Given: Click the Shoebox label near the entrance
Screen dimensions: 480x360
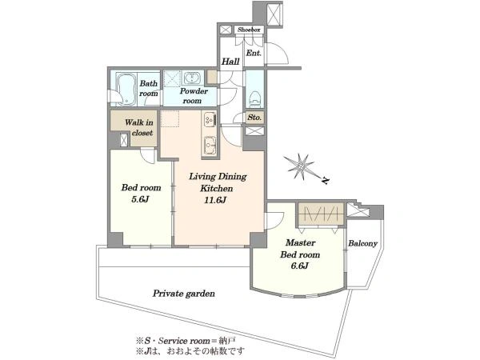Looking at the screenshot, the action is [249, 30].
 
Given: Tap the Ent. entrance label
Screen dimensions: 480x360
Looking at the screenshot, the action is [254, 53].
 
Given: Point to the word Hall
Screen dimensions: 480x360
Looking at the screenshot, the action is [230, 62].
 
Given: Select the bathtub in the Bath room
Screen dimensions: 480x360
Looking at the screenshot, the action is [126, 89].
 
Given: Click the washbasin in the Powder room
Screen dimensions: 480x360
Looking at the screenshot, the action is [192, 78].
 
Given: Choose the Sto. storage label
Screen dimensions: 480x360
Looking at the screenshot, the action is [254, 118].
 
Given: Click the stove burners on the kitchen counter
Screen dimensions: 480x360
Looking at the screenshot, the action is [210, 118].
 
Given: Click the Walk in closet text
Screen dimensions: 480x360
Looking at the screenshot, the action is [139, 127].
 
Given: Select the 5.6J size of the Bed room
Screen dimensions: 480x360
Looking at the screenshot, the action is [141, 199].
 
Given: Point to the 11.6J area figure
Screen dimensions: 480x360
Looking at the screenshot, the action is [215, 200].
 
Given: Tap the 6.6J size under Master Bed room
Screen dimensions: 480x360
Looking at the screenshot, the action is [300, 266].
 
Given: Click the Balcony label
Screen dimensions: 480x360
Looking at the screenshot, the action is [362, 244].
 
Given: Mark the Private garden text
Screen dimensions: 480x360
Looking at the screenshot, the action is [184, 294].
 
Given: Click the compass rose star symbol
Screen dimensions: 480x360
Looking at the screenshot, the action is [299, 166].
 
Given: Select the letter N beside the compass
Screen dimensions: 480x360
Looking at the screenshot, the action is [326, 181].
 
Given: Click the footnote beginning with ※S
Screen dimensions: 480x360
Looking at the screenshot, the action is [186, 341].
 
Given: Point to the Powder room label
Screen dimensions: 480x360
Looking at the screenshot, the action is [193, 96].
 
